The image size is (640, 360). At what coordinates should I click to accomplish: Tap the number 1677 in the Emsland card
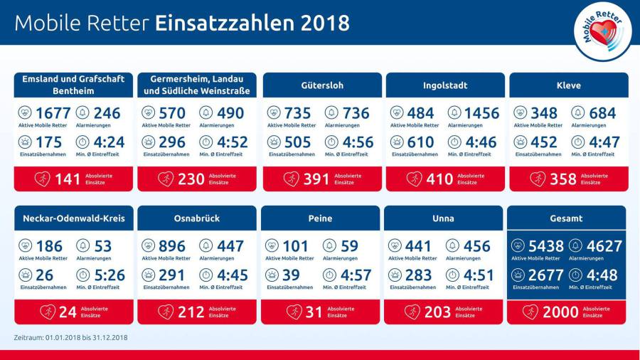pos(53,113)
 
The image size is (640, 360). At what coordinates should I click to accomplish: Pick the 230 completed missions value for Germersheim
pos(191,179)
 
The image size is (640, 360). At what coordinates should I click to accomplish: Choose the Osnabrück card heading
pos(197,218)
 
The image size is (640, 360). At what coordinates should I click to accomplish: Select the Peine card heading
pos(320,218)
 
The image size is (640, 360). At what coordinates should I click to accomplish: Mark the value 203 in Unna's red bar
pos(437,312)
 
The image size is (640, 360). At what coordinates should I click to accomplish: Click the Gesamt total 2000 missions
pos(560,312)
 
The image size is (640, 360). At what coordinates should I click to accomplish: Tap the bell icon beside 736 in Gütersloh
pos(331,112)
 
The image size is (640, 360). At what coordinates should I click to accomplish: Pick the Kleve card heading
pos(569,85)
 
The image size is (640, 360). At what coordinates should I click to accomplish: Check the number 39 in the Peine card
pos(292,275)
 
